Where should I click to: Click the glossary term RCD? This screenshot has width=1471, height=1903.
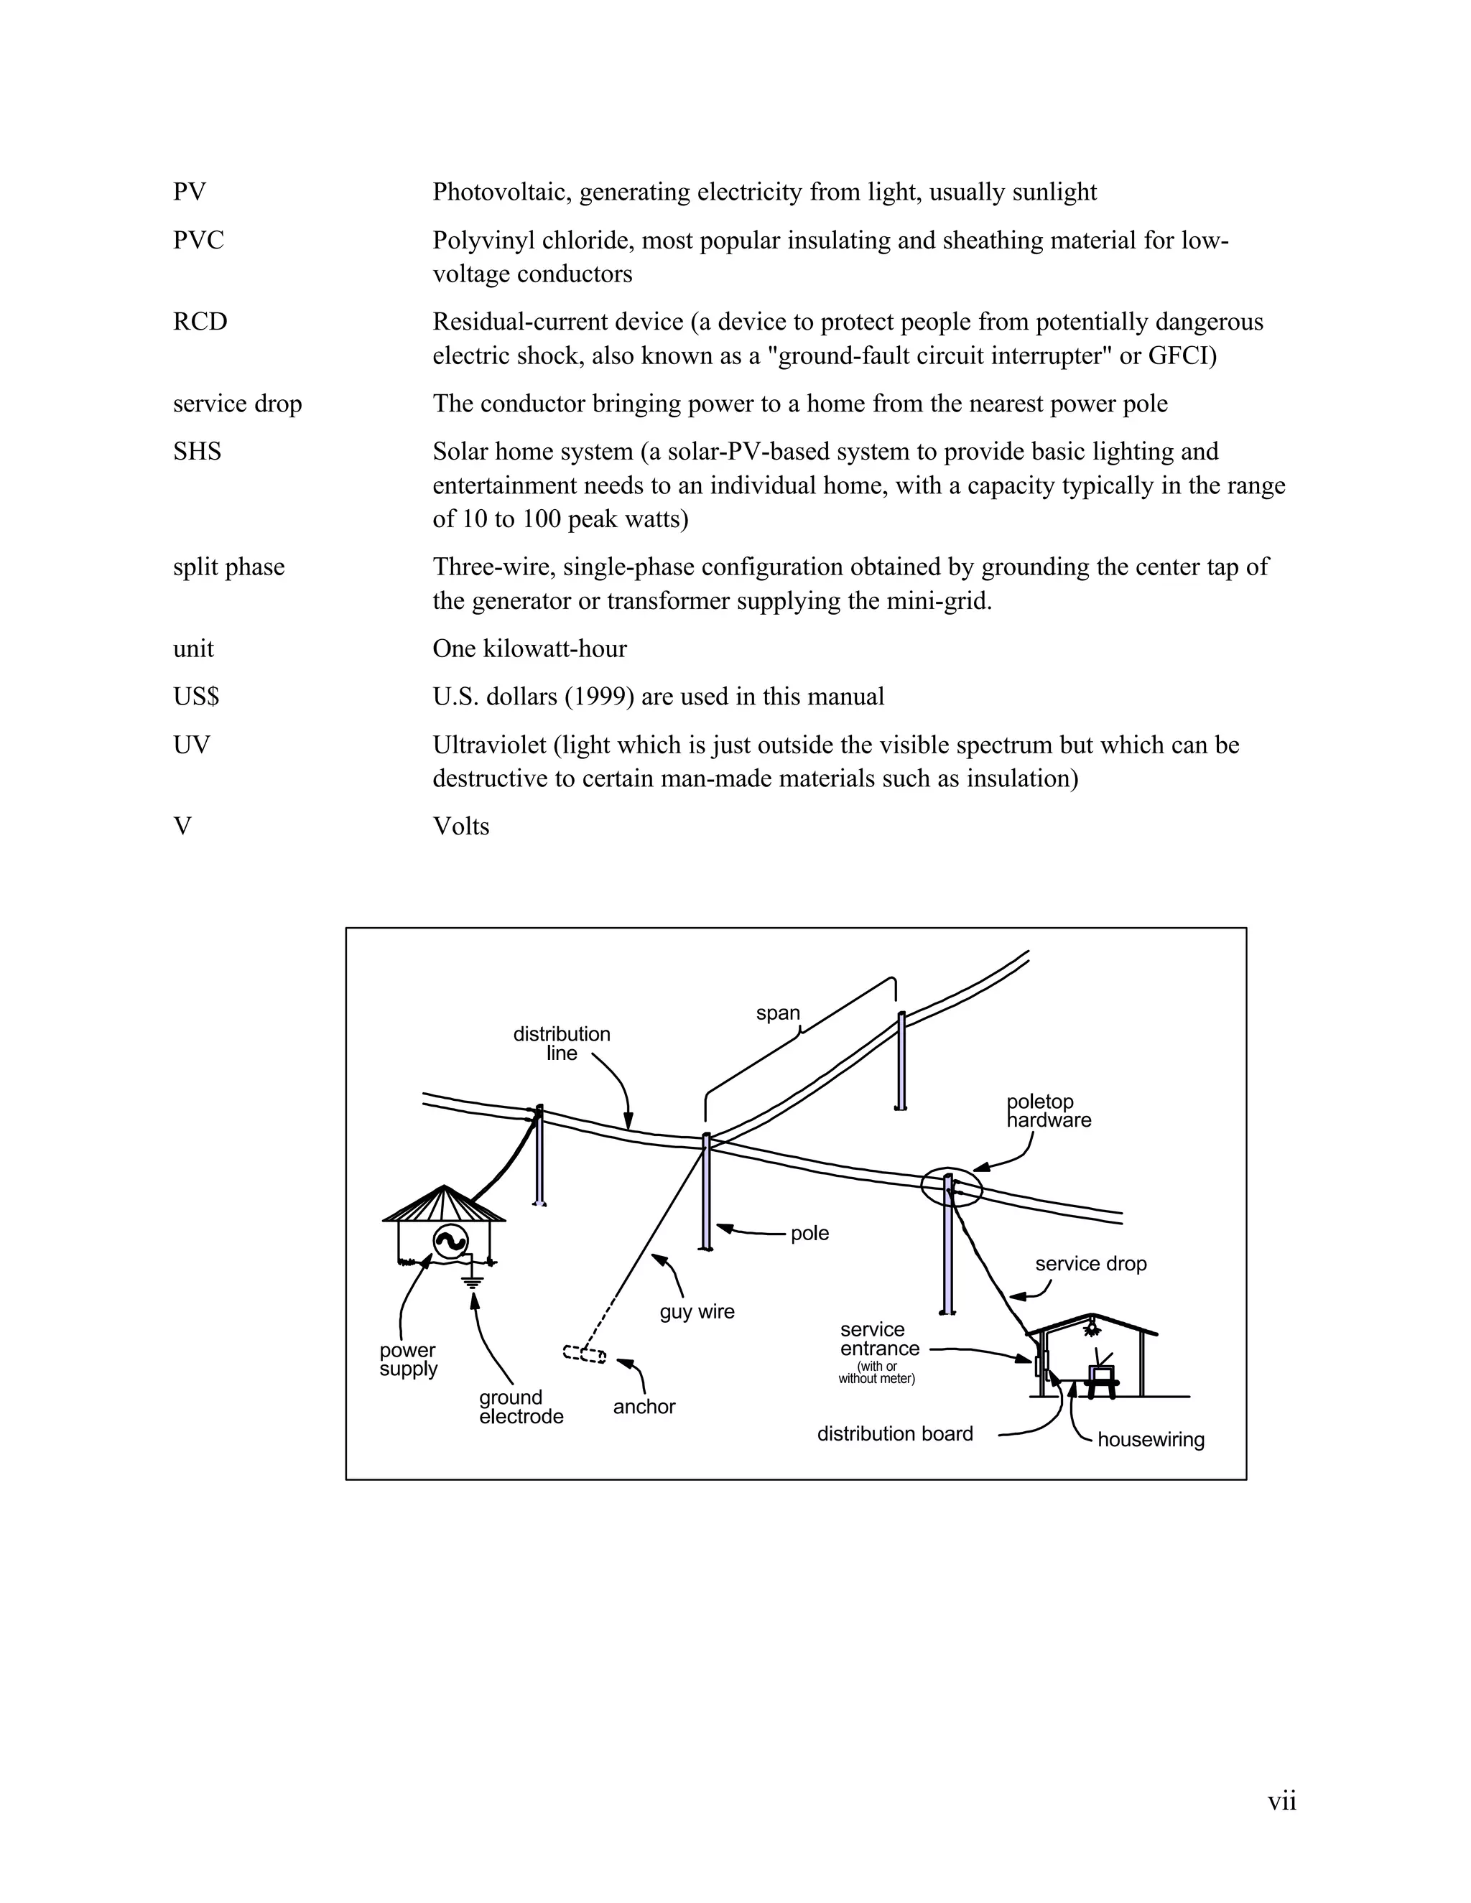200,322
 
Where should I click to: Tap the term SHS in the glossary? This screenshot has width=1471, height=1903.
197,452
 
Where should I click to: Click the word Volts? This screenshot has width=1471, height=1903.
461,827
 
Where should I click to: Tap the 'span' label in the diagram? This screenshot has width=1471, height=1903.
777,1013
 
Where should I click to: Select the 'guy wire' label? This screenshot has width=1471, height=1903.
697,1311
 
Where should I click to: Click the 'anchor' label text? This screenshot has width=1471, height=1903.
644,1406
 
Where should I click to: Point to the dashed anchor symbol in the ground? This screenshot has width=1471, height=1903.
585,1354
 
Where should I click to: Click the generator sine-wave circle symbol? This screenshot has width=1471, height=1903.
450,1242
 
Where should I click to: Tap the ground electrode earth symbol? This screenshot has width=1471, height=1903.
473,1282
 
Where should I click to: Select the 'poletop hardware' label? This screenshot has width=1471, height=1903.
1049,1111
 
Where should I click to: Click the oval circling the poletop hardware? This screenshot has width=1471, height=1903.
952,1187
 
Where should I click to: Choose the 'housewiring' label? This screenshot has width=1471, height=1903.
1151,1439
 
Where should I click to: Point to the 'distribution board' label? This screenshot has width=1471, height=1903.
894,1433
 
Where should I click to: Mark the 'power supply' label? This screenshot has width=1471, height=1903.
408,1359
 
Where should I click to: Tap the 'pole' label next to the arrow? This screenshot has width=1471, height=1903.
809,1234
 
